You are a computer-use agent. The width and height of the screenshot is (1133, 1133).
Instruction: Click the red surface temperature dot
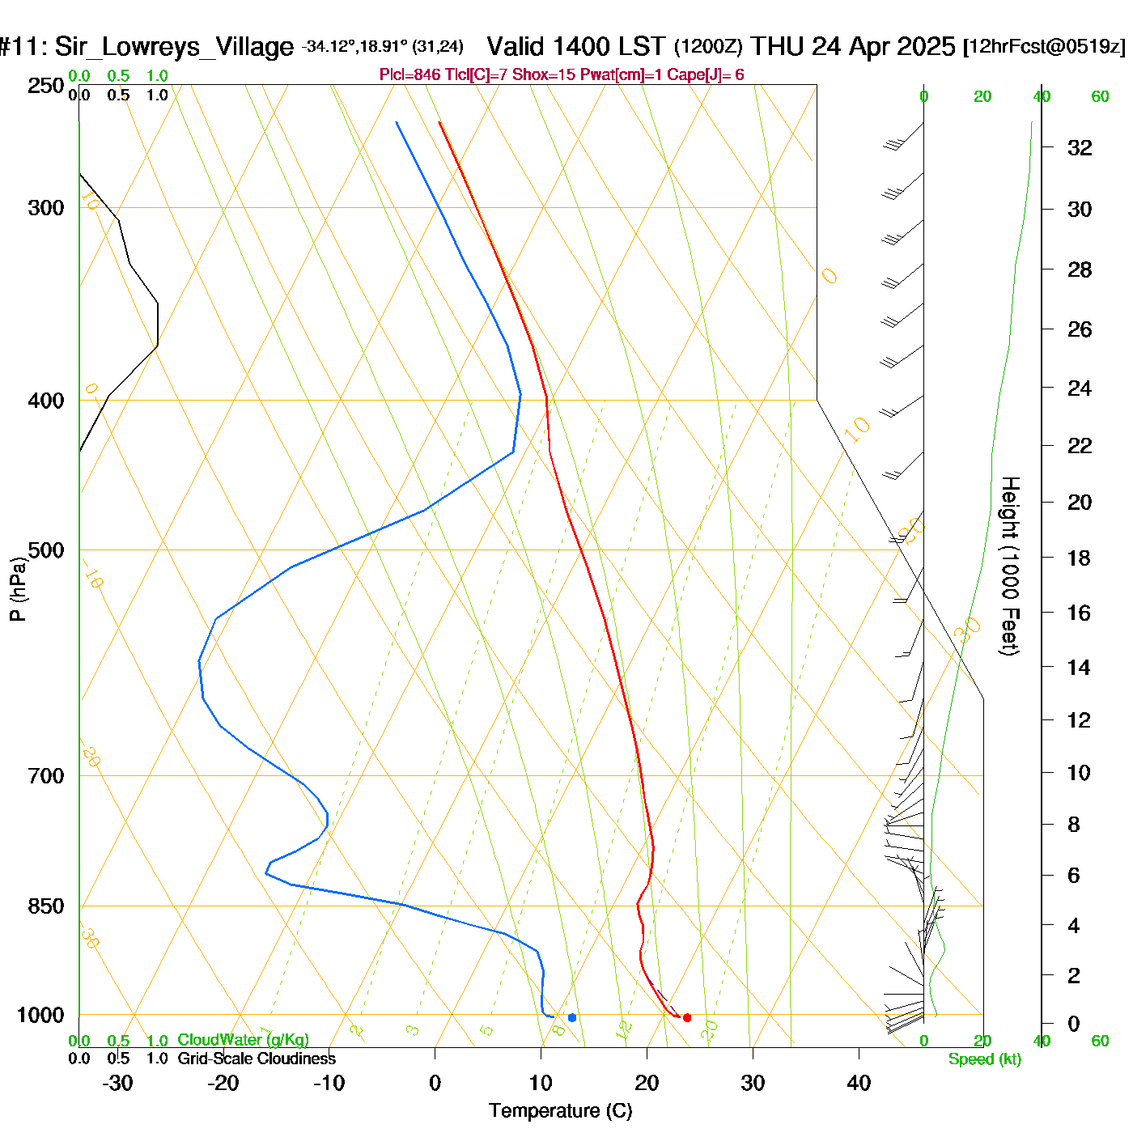[x=687, y=1017]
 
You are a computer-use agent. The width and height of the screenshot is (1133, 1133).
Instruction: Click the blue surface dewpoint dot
[x=572, y=1017]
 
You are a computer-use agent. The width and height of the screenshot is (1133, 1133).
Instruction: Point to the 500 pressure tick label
[x=46, y=550]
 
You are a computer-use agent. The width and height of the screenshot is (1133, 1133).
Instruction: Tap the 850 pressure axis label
[x=46, y=906]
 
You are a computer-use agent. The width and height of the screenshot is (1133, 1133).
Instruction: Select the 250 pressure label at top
[x=46, y=86]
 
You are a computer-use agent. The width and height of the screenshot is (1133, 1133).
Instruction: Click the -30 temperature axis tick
[x=117, y=1083]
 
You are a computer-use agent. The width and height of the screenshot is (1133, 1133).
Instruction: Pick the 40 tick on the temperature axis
[x=859, y=1083]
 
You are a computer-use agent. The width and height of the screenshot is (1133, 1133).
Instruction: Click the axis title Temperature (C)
[x=560, y=1111]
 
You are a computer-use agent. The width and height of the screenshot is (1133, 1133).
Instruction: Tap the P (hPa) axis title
[x=18, y=588]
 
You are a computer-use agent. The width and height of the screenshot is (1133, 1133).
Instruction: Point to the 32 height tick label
[x=1080, y=147]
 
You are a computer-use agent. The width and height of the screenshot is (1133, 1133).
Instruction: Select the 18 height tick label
[x=1079, y=558]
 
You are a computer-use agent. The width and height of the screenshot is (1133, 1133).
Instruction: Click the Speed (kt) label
[x=985, y=1059]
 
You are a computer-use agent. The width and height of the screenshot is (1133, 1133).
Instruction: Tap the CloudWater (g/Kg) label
[x=243, y=1040]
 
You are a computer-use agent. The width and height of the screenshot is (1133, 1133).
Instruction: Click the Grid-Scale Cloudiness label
[x=257, y=1059]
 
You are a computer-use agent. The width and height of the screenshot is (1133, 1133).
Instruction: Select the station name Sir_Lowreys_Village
[x=174, y=47]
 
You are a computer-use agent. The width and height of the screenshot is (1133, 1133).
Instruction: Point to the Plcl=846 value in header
[x=410, y=75]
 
